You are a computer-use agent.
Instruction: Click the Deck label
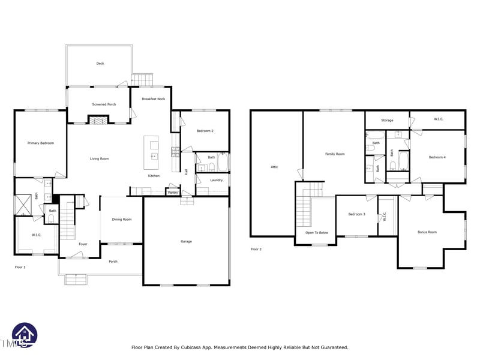[100, 64]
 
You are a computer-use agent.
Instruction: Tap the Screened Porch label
[104, 104]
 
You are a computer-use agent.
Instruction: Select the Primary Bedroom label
[41, 143]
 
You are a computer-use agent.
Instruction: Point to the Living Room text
[99, 158]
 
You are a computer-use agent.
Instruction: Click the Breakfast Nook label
[153, 98]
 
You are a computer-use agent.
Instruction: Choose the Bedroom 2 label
[205, 130]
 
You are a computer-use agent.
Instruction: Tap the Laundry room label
[217, 180]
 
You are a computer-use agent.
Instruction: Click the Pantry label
[173, 193]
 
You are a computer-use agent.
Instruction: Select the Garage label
[186, 241]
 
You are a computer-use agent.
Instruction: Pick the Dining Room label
[122, 220]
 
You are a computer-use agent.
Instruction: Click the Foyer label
[83, 244]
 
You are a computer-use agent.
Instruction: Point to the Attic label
[274, 167]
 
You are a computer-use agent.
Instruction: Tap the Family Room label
[335, 154]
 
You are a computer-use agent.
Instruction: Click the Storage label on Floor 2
[387, 120]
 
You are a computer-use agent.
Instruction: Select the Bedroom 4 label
[437, 157]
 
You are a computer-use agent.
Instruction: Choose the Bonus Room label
[427, 232]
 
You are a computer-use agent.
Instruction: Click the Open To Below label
[317, 232]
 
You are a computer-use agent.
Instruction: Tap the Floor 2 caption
[256, 249]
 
